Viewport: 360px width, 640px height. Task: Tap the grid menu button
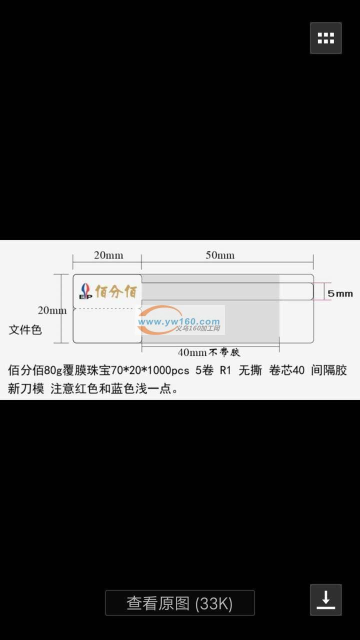[325, 38]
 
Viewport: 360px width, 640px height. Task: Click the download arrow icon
[325, 599]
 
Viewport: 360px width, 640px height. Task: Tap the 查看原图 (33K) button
[179, 603]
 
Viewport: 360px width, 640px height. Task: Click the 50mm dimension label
[220, 255]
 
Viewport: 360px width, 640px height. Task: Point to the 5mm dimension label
[340, 293]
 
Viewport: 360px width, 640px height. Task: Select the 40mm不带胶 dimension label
[208, 352]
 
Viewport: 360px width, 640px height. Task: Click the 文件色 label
[25, 329]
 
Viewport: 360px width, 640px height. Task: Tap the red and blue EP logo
[85, 291]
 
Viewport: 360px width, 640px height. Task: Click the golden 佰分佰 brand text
[115, 291]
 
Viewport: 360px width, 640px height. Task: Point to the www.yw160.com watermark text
[179, 321]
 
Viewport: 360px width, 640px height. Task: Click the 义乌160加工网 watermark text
[197, 328]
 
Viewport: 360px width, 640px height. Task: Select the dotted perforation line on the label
[104, 308]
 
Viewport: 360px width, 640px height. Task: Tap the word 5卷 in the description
[204, 370]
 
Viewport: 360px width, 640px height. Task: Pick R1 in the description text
[225, 370]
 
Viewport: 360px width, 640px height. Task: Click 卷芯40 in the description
[286, 370]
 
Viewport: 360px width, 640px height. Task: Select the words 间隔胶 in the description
[329, 370]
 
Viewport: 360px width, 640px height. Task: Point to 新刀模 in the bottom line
[26, 388]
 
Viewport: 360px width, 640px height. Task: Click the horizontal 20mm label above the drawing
[108, 255]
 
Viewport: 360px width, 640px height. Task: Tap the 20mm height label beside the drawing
[52, 310]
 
